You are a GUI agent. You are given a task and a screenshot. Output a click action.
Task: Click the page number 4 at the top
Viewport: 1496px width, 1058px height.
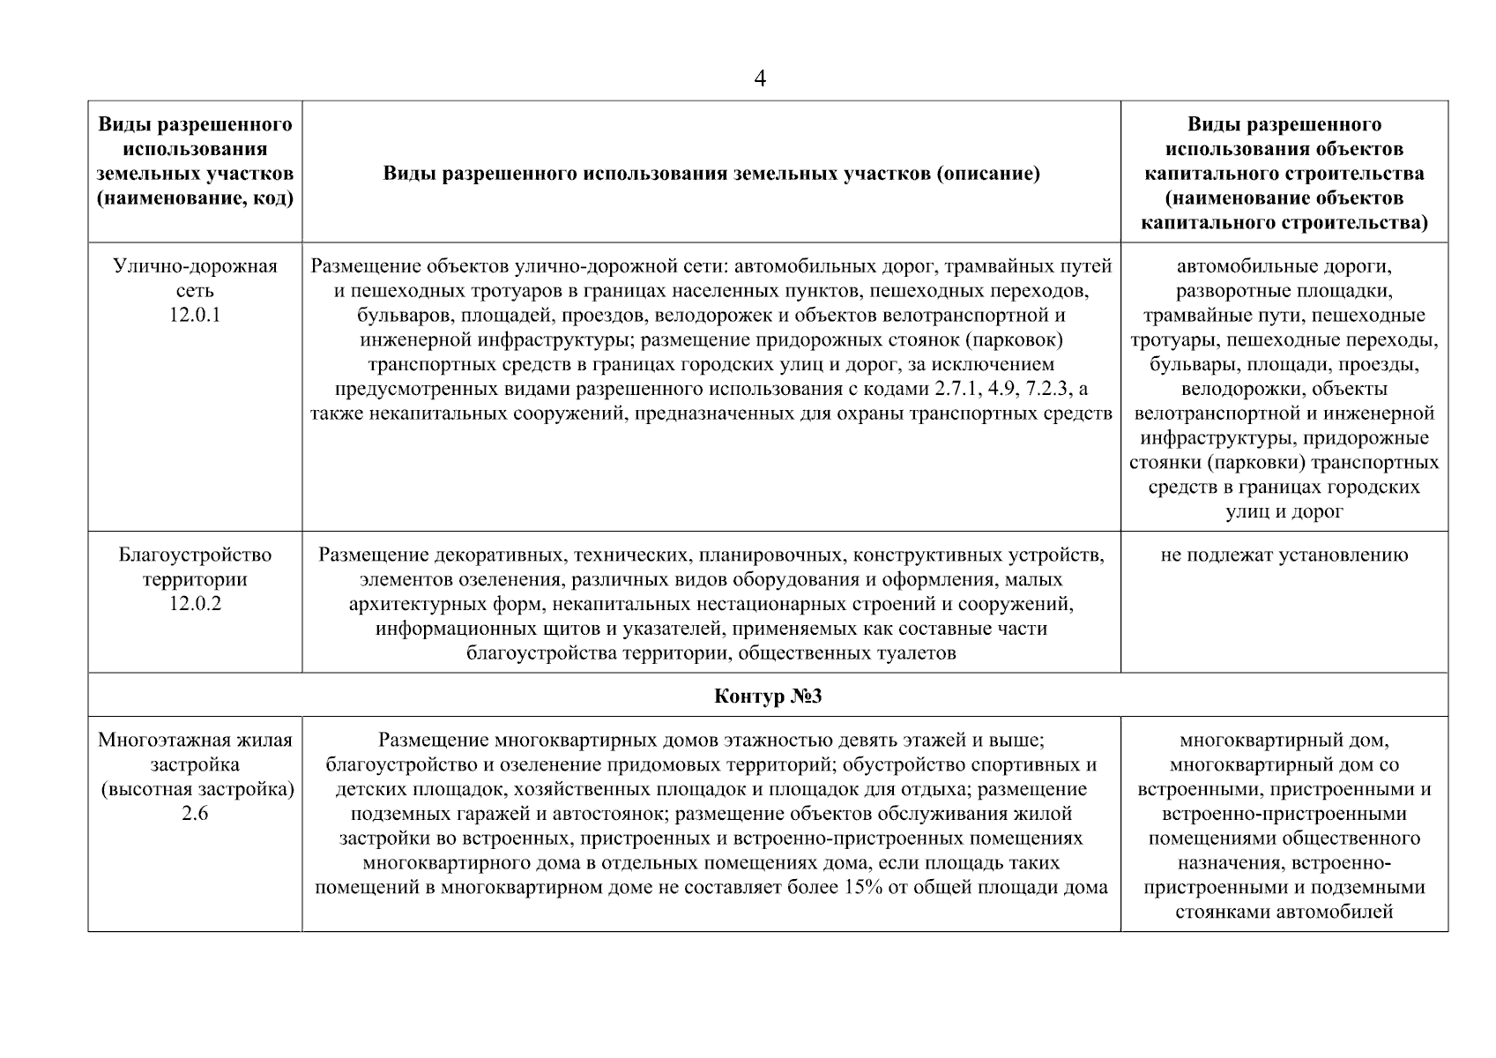click(760, 79)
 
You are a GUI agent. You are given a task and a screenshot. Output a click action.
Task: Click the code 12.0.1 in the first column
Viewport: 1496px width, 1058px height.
click(195, 315)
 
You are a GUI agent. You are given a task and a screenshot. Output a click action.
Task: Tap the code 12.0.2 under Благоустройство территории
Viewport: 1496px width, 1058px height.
click(195, 604)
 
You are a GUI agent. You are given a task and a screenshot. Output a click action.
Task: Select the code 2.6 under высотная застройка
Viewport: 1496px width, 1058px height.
click(195, 814)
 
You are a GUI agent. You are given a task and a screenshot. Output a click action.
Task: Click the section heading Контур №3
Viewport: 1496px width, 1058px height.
click(767, 697)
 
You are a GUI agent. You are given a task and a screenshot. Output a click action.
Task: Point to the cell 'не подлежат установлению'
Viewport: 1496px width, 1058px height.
click(1284, 555)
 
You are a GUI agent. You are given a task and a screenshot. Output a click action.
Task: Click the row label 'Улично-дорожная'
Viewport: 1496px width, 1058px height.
click(195, 266)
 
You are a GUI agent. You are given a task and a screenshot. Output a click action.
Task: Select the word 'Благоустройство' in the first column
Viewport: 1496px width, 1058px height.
click(195, 555)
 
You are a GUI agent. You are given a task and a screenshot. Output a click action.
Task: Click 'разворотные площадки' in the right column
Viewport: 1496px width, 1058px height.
click(1284, 291)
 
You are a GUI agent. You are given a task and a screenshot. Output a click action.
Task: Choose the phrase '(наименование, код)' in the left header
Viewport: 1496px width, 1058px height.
click(195, 198)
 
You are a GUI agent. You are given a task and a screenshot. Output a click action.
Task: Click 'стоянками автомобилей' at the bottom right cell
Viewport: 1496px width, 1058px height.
click(1284, 912)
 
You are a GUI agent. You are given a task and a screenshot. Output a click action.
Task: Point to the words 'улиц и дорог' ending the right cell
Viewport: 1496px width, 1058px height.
click(1284, 511)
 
